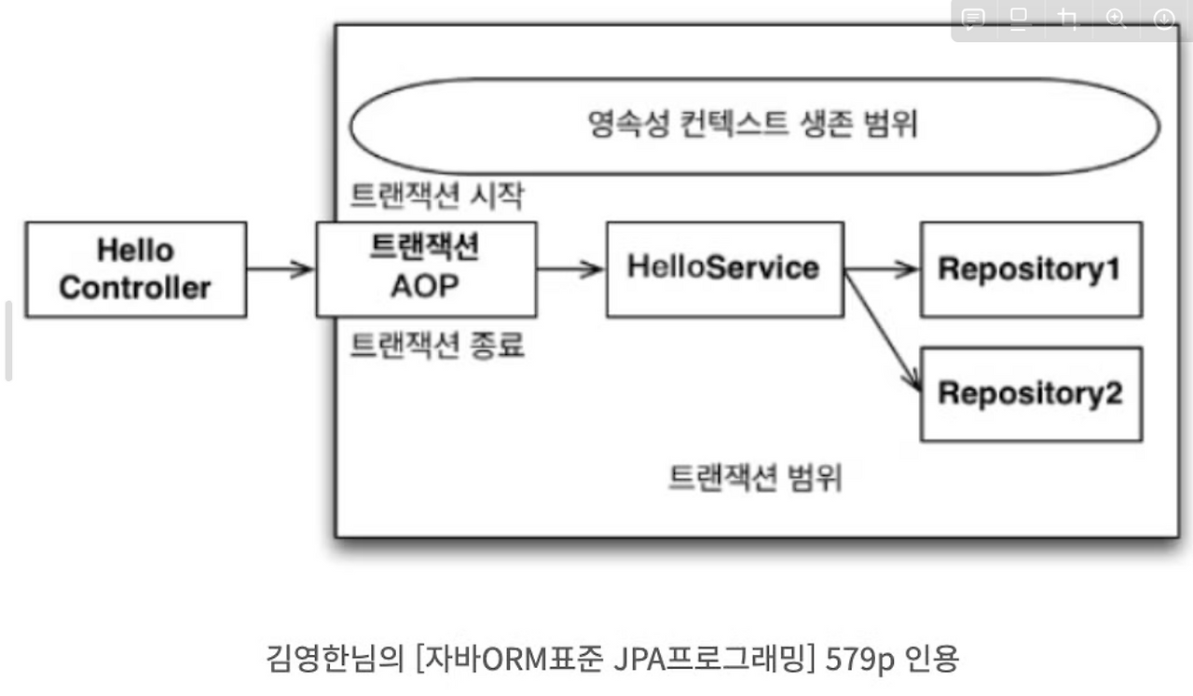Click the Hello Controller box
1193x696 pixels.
[x=135, y=269]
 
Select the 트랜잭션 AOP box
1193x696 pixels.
[x=426, y=268]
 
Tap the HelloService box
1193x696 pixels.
[x=724, y=268]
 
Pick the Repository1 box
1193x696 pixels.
[x=1030, y=269]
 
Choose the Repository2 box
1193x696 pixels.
[x=1030, y=393]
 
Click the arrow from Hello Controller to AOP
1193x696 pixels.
[x=281, y=269]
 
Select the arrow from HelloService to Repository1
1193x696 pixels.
[x=882, y=269]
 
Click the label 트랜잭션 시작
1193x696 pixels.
[x=436, y=196]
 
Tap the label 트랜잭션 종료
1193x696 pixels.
[x=436, y=346]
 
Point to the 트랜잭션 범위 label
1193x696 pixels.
[x=755, y=478]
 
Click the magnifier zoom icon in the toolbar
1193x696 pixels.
[x=1116, y=20]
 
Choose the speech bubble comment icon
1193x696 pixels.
[x=974, y=20]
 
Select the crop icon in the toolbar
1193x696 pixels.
[x=1068, y=20]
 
